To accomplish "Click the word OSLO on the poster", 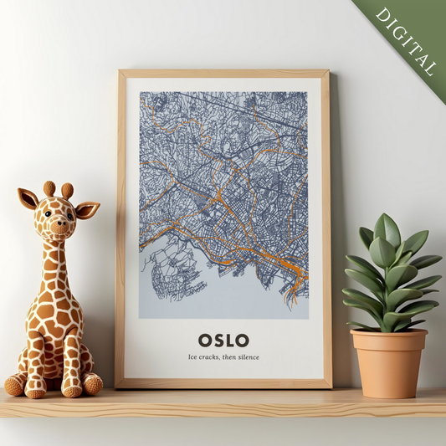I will coord(223,340).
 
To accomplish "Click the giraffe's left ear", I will coord(28,199).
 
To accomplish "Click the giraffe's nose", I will coord(54,227).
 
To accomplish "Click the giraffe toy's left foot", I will coord(16,385).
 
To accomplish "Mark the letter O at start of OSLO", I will coord(204,340).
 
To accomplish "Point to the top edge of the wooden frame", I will coord(223,73).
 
